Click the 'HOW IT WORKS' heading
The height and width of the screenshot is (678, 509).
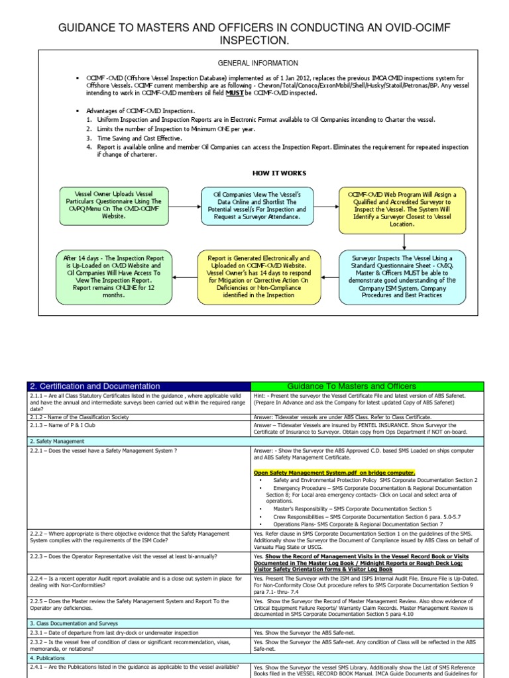278,173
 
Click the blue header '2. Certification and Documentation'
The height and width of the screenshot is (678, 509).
95,386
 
